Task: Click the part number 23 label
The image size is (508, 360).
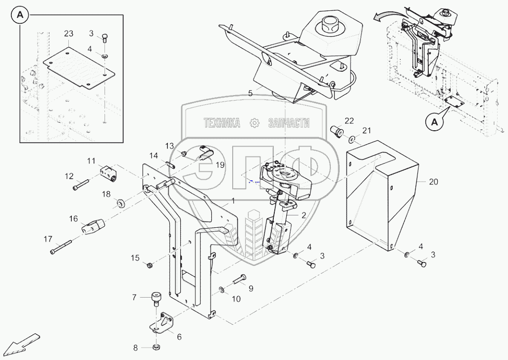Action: pos(69,34)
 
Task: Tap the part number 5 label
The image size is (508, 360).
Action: pos(251,93)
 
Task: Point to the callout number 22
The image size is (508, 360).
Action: pos(350,121)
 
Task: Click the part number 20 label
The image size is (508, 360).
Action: pos(434,182)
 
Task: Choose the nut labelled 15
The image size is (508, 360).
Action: pos(149,266)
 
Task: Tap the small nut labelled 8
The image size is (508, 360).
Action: pos(156,347)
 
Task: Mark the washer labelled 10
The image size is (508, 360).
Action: pos(221,289)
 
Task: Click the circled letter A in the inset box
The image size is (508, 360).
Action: pos(20,16)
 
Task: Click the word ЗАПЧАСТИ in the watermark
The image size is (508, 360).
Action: pos(289,123)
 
